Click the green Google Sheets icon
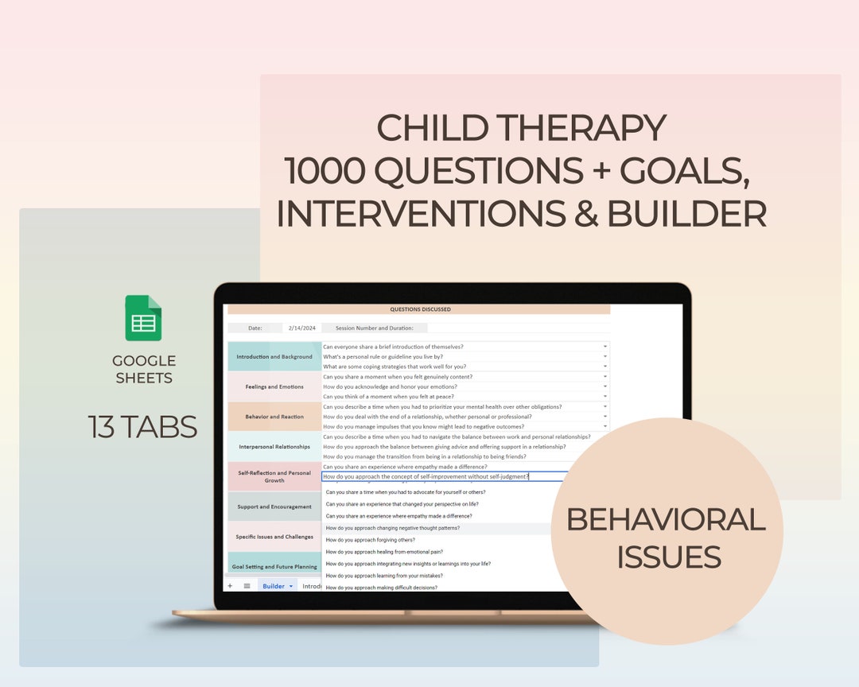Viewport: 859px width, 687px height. click(x=143, y=318)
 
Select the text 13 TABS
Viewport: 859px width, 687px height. click(x=142, y=427)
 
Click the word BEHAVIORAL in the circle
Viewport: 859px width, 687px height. click(x=666, y=519)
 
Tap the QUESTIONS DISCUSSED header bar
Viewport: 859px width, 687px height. click(x=420, y=309)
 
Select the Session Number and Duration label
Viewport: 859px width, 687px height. click(x=374, y=328)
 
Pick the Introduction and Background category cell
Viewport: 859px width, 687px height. click(x=274, y=357)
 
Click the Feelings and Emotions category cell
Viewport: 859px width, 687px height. click(x=274, y=386)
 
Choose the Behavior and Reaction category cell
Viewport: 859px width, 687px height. click(x=274, y=417)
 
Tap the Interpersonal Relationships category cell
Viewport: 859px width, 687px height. click(x=274, y=447)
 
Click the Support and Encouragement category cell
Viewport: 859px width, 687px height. click(x=274, y=507)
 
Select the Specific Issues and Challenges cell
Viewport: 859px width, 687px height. click(x=274, y=537)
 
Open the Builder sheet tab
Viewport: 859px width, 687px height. click(x=274, y=586)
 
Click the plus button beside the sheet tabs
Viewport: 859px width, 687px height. click(x=230, y=586)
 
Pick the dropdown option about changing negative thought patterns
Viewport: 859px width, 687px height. click(x=393, y=528)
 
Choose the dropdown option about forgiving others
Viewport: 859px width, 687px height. click(x=370, y=540)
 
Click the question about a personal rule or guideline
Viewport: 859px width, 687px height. click(x=383, y=357)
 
